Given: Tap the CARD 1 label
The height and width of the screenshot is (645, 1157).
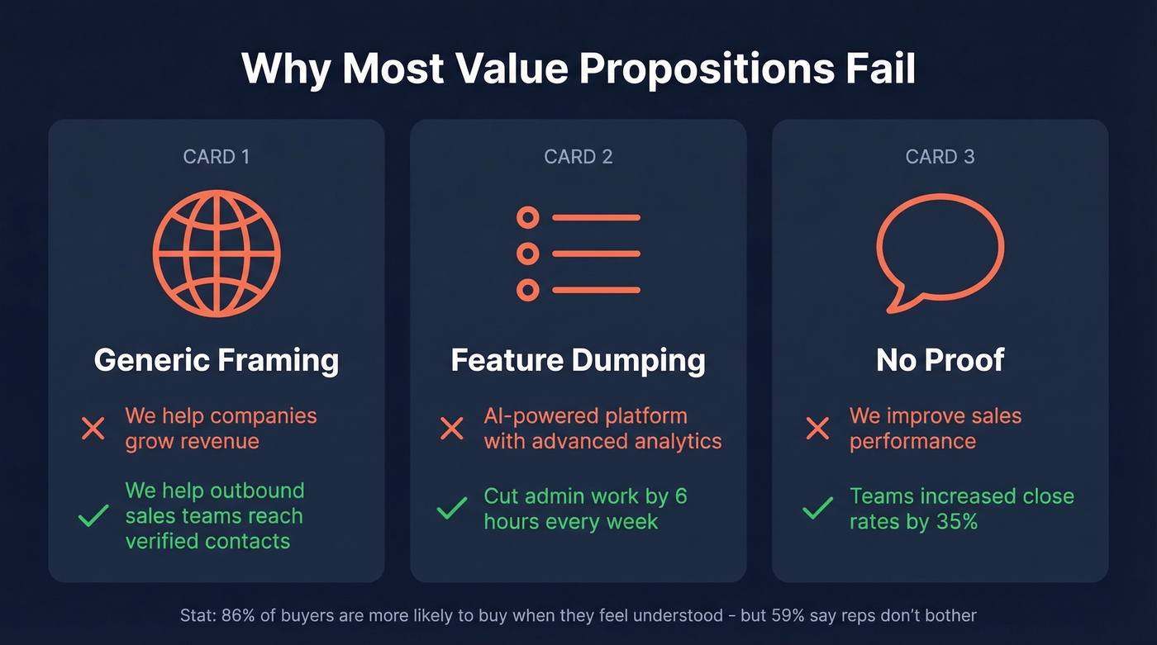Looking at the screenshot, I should point(216,157).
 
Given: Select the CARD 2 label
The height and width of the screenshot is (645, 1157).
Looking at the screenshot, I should point(578,157).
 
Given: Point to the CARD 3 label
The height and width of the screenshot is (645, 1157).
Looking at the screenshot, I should point(940,157).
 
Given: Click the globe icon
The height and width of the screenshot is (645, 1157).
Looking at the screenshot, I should point(217,254).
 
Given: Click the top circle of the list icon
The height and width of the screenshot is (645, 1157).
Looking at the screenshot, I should point(527,218).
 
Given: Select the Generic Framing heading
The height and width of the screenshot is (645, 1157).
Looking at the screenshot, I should point(217,360).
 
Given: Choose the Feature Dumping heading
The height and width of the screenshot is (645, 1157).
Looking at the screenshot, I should point(578,360).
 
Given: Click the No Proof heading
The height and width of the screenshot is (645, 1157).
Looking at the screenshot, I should point(940,360).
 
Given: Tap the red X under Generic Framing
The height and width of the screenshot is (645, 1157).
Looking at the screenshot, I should point(93,429).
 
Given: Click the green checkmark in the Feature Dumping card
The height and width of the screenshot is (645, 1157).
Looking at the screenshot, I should point(451,509).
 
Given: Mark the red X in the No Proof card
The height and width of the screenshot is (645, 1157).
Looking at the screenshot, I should point(817,429).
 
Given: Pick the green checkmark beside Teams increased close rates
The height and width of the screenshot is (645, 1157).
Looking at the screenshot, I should point(817,509).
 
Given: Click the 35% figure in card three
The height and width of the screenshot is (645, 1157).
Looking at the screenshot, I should point(955,522).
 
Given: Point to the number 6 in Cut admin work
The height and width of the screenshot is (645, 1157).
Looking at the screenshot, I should point(680,496).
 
